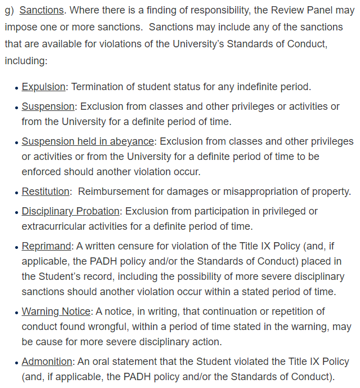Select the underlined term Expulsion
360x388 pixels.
coord(44,87)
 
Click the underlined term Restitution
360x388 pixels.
coord(46,192)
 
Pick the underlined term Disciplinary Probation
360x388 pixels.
coord(70,211)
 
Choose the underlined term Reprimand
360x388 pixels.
coord(47,246)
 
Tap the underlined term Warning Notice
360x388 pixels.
coord(56,311)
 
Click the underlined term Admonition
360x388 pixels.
coord(47,362)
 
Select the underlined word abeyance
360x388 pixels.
coord(130,141)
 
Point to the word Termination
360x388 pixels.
coord(98,87)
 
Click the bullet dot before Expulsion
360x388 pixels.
coord(16,88)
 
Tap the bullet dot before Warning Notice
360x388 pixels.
coord(16,312)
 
